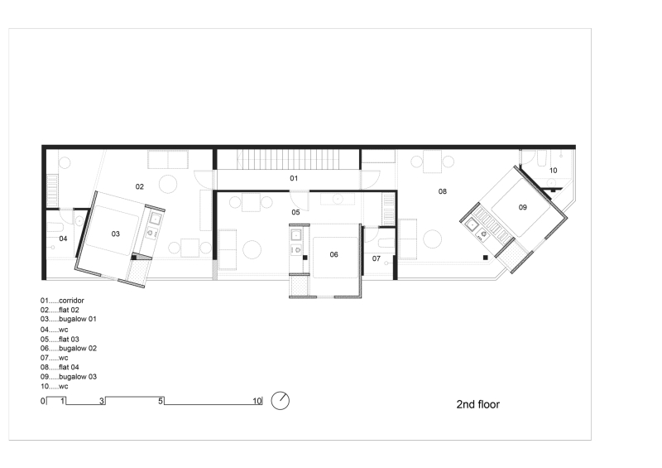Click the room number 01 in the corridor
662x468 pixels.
point(293,178)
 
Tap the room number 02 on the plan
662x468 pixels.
point(140,186)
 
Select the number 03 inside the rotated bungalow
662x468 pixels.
point(116,234)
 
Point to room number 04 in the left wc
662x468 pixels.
point(63,239)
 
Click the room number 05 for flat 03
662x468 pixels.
point(295,212)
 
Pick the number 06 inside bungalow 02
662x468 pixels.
point(333,254)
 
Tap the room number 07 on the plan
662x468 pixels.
point(376,259)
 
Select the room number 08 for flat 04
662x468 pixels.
point(443,191)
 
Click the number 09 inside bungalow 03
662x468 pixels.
point(523,207)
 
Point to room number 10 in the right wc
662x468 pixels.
point(553,171)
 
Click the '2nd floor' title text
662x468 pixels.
point(478,405)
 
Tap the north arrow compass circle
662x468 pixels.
point(281,400)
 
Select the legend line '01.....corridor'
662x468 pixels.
point(63,300)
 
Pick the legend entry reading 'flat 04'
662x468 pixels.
point(61,368)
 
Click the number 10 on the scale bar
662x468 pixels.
point(257,401)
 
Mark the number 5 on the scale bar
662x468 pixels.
point(162,401)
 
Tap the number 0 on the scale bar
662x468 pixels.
point(42,401)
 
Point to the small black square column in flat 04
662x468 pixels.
point(485,260)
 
